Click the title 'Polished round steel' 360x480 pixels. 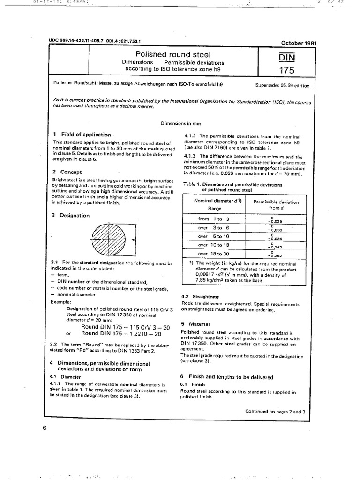(173, 54)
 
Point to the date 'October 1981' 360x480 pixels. (299, 43)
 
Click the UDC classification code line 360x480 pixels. (96, 41)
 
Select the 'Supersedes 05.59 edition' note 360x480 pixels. (282, 86)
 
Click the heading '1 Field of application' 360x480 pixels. (82, 135)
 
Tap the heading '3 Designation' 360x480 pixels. (71, 215)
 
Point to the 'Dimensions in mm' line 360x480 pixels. (180, 124)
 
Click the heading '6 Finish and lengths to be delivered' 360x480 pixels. (227, 376)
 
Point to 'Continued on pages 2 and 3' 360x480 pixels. (275, 411)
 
